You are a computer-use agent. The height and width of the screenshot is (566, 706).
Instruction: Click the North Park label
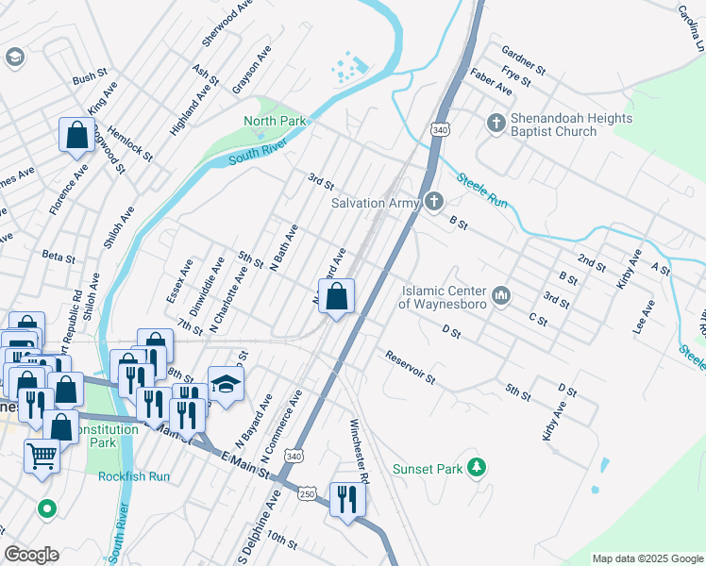click(x=276, y=121)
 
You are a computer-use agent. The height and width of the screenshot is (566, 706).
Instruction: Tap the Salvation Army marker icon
click(x=433, y=201)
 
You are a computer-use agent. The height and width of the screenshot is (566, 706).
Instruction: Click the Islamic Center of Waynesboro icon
click(x=501, y=296)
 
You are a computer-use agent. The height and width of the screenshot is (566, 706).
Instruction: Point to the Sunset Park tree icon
click(x=478, y=467)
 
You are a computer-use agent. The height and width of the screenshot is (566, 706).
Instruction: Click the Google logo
click(x=31, y=555)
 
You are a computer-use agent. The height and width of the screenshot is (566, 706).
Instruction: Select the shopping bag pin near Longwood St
click(x=76, y=135)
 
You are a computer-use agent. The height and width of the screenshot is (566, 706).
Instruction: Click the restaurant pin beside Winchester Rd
click(x=346, y=499)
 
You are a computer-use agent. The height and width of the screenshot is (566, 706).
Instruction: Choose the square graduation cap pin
click(x=226, y=383)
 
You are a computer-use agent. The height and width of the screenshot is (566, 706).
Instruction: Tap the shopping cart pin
click(x=42, y=458)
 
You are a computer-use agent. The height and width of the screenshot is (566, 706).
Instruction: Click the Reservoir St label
click(x=410, y=367)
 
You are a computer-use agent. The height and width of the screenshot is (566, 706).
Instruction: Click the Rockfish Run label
click(x=134, y=476)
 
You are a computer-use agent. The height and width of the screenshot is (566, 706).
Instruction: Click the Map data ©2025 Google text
click(x=647, y=558)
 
